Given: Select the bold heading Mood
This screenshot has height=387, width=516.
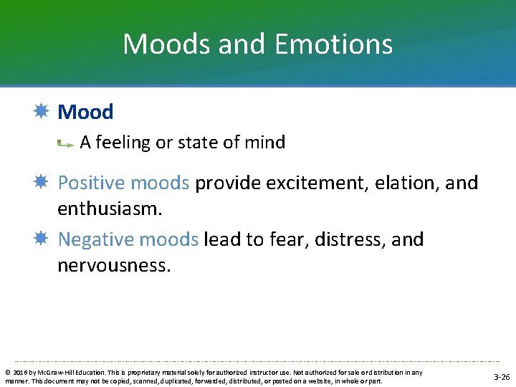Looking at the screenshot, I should [85, 112].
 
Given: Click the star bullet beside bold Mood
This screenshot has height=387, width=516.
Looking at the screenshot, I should [41, 112].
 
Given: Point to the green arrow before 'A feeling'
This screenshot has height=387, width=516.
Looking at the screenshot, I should [65, 144].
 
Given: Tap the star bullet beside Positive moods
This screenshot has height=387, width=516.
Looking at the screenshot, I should [41, 182].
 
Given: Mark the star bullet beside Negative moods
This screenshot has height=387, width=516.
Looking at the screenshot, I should [41, 239].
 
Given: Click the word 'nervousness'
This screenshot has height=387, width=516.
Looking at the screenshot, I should [114, 266].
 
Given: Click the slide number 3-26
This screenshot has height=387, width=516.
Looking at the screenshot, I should [501, 377].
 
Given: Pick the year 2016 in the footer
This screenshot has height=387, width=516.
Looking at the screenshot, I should [19, 373].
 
